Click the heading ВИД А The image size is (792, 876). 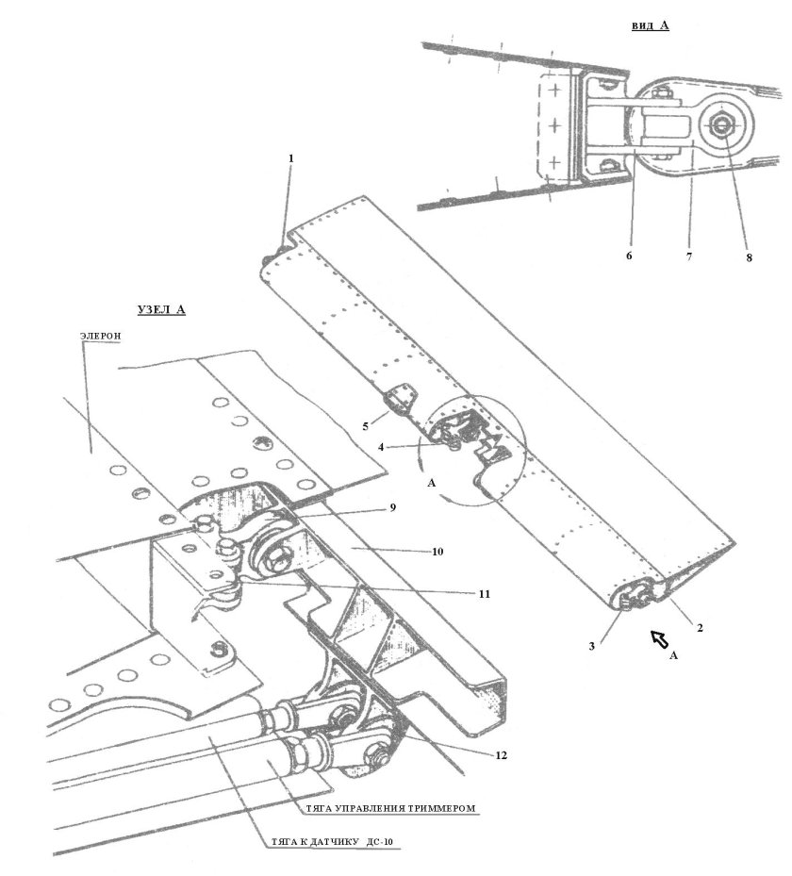pyautogui.click(x=651, y=25)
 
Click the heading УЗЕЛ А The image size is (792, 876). pyautogui.click(x=161, y=309)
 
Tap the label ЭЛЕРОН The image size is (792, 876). pyautogui.click(x=101, y=337)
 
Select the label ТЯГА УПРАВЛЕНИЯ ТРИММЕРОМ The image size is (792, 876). pyautogui.click(x=390, y=808)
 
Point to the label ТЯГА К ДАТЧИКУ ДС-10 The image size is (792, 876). pyautogui.click(x=337, y=842)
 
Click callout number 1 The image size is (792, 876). pyautogui.click(x=290, y=158)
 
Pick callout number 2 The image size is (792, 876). pyautogui.click(x=700, y=628)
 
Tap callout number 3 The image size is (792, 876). pyautogui.click(x=591, y=646)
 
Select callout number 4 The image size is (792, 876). pyautogui.click(x=380, y=447)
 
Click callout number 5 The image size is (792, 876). pyautogui.click(x=365, y=427)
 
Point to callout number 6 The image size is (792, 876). pyautogui.click(x=629, y=256)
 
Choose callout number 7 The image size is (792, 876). pyautogui.click(x=689, y=256)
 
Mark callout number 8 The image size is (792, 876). pyautogui.click(x=749, y=257)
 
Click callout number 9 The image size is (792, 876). pyautogui.click(x=392, y=507)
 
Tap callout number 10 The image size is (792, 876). pyautogui.click(x=437, y=552)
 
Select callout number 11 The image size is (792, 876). pyautogui.click(x=485, y=594)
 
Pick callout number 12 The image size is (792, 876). pyautogui.click(x=501, y=755)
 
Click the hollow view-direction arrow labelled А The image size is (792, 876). pyautogui.click(x=660, y=638)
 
